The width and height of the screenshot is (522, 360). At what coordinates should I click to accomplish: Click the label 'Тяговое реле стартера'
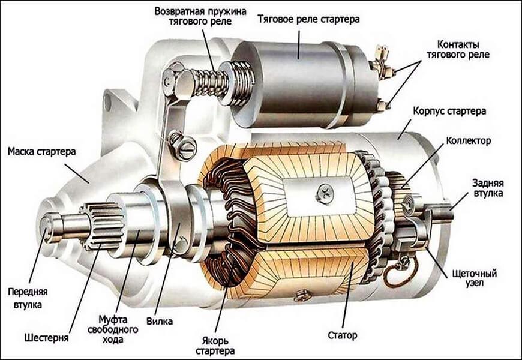click(308, 19)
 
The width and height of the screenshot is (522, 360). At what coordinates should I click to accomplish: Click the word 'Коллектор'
click(469, 141)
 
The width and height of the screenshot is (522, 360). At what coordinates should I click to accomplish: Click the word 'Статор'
click(343, 334)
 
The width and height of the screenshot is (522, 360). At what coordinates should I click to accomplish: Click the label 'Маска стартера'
click(42, 152)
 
